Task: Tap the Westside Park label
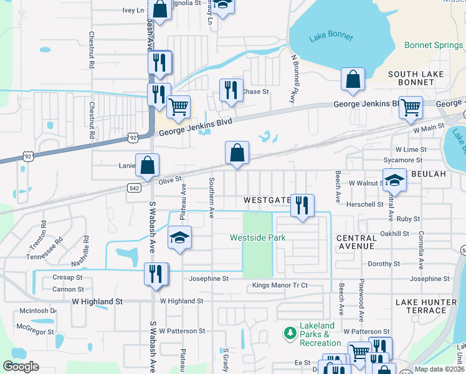click(257, 237)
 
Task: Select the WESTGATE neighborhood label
click(267, 200)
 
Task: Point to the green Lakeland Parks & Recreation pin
click(289, 333)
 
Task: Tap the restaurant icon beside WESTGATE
click(302, 205)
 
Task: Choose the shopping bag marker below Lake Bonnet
click(353, 79)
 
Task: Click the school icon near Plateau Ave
click(179, 237)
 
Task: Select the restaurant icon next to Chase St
click(231, 90)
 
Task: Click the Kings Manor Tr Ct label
click(280, 285)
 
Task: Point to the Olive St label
click(169, 180)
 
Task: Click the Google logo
click(21, 367)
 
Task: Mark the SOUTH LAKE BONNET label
click(416, 79)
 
